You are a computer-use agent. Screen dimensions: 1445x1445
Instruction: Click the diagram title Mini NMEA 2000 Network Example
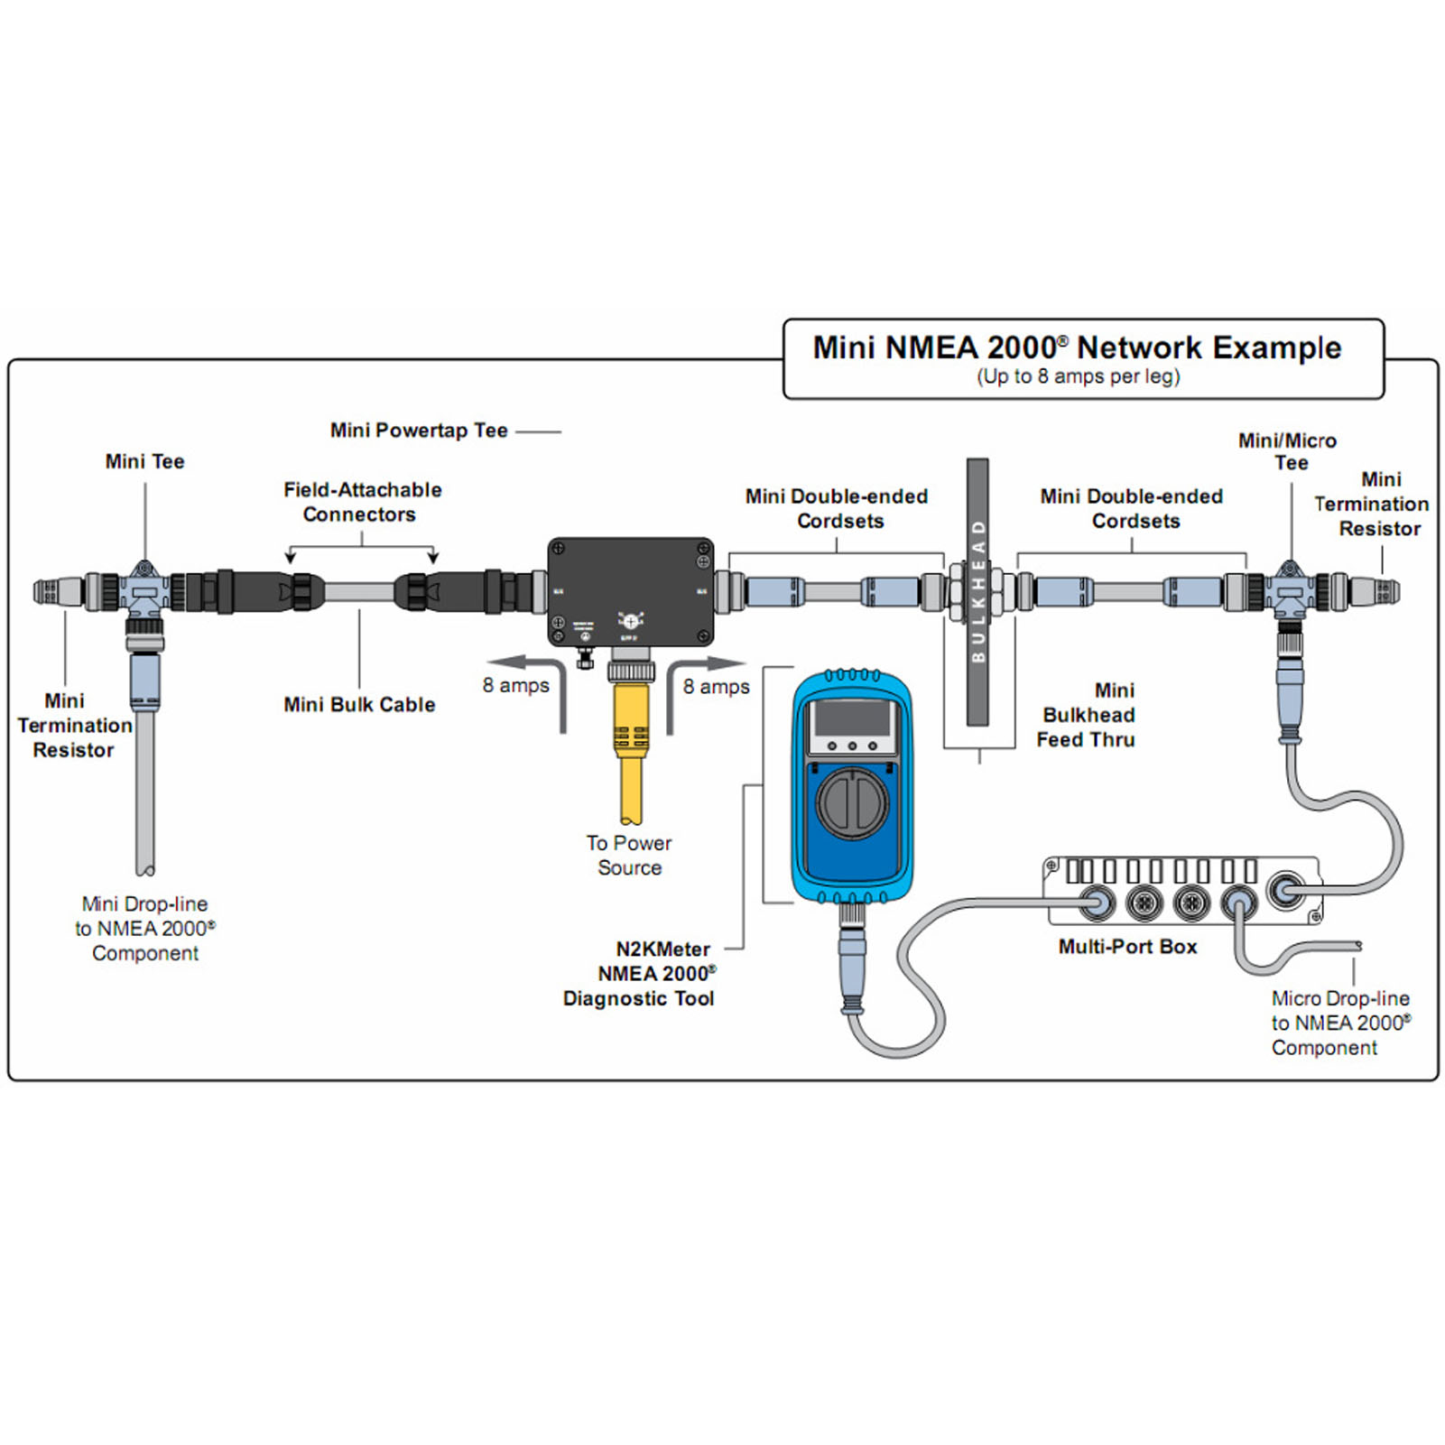pyautogui.click(x=1077, y=347)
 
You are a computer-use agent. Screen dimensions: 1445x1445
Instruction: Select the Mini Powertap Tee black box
pyautogui.click(x=630, y=591)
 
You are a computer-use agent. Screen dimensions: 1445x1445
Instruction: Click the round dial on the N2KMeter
pyautogui.click(x=852, y=802)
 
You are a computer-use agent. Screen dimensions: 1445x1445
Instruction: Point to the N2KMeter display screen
pyautogui.click(x=852, y=719)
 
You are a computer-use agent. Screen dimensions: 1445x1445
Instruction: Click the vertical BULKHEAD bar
pyautogui.click(x=977, y=591)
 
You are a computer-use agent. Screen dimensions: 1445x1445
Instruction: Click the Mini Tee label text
pyautogui.click(x=144, y=461)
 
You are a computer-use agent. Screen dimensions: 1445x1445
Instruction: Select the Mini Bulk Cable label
pyautogui.click(x=359, y=704)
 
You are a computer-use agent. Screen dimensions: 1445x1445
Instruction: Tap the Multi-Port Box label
pyautogui.click(x=1127, y=946)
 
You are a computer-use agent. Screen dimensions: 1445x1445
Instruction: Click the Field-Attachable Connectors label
pyautogui.click(x=362, y=502)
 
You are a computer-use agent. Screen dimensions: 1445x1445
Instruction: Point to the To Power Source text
pyautogui.click(x=629, y=855)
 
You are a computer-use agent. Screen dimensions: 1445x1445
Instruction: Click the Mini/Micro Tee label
pyautogui.click(x=1288, y=451)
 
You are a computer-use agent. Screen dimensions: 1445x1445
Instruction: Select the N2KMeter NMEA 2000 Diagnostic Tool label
pyautogui.click(x=639, y=974)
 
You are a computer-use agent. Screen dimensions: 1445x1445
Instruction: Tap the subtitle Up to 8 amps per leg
pyautogui.click(x=1078, y=376)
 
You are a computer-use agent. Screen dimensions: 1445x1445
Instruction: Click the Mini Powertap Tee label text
pyautogui.click(x=419, y=431)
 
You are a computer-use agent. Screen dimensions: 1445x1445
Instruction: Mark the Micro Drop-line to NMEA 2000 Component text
pyautogui.click(x=1340, y=1023)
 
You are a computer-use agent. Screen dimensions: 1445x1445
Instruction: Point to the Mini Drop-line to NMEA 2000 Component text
pyautogui.click(x=145, y=928)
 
